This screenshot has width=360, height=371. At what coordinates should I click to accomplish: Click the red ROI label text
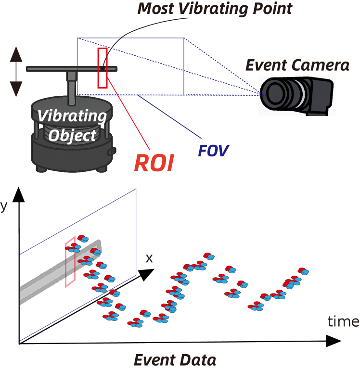tap(153, 163)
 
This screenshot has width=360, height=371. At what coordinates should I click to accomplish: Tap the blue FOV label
tap(213, 150)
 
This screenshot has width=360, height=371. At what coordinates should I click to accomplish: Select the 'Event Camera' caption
tap(297, 65)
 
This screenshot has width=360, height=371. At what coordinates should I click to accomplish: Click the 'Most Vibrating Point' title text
tap(215, 9)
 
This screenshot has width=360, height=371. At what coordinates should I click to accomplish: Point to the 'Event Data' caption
tap(174, 359)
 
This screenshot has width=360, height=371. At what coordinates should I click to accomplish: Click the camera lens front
tap(272, 93)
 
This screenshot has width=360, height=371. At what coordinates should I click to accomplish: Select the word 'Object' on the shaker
tap(73, 135)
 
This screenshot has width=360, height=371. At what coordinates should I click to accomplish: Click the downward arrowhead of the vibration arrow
tap(16, 89)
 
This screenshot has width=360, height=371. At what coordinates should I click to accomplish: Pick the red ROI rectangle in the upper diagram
tap(102, 68)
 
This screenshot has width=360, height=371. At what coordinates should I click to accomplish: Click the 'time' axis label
tap(343, 321)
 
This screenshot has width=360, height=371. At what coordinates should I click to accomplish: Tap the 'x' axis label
tap(149, 258)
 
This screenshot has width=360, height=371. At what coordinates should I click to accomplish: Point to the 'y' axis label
tap(4, 206)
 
